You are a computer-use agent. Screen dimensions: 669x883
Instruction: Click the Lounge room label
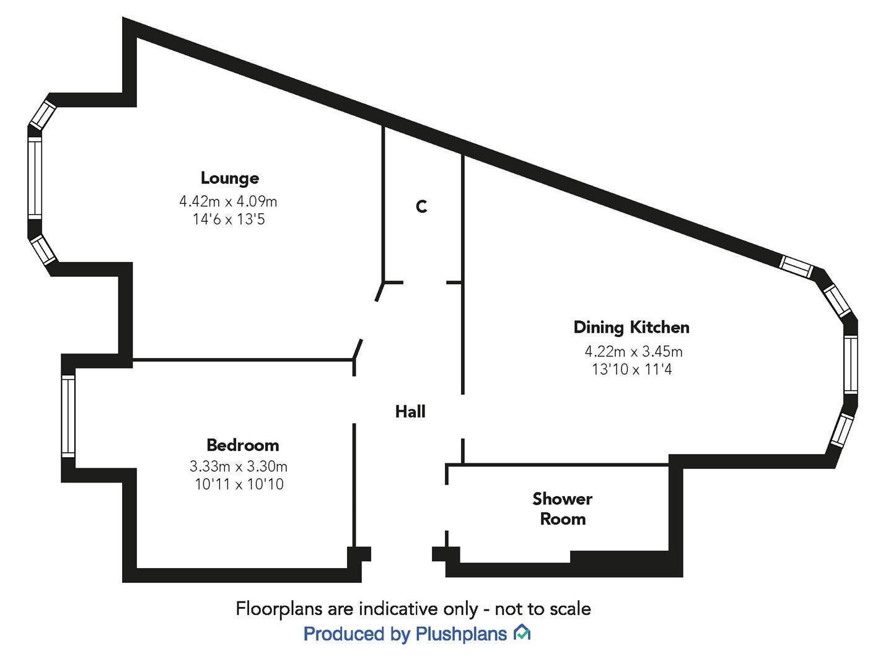[229, 178]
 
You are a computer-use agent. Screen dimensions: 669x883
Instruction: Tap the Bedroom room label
[242, 445]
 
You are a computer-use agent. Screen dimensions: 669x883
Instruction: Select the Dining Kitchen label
[631, 327]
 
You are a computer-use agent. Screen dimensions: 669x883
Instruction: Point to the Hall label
[410, 411]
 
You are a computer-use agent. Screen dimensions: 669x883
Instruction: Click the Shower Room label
[562, 509]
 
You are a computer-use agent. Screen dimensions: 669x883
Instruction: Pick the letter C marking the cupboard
[421, 206]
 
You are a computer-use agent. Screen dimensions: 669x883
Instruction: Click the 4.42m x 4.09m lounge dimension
[228, 201]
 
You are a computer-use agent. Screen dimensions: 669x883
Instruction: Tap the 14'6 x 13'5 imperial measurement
[229, 219]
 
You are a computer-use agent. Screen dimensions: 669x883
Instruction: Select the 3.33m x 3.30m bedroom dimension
[238, 466]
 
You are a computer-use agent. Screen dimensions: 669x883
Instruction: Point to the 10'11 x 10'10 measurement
[239, 484]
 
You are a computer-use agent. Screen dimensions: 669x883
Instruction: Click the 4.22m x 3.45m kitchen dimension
[633, 352]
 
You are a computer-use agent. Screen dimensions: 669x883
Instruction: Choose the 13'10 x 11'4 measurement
[632, 369]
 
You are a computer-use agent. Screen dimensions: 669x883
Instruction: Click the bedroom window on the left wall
[68, 416]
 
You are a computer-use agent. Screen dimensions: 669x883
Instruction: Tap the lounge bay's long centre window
[34, 178]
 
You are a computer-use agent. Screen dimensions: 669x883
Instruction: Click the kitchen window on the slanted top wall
[796, 266]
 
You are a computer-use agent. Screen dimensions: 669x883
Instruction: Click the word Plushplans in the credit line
[461, 634]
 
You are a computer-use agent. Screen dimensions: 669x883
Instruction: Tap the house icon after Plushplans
[522, 633]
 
